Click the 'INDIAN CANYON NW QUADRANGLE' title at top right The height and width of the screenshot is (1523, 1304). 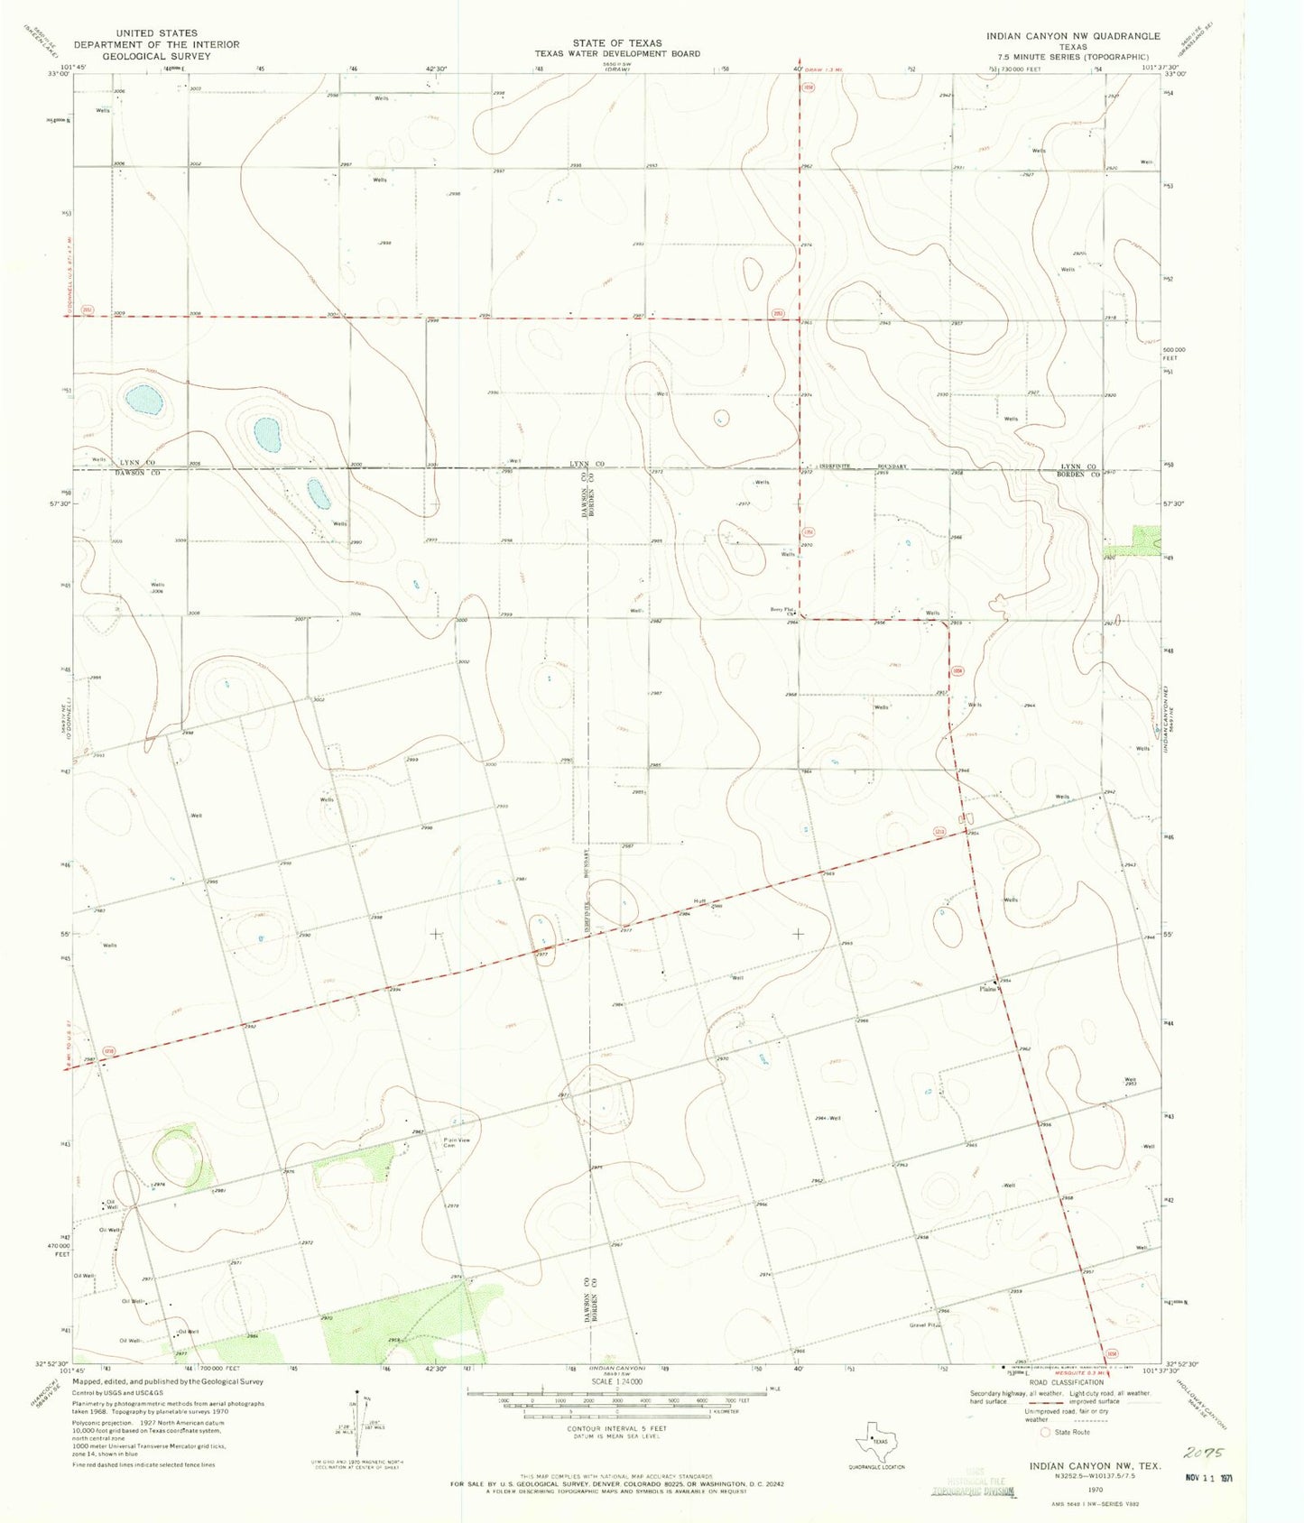pyautogui.click(x=1073, y=37)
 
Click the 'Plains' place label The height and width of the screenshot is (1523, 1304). pyautogui.click(x=988, y=989)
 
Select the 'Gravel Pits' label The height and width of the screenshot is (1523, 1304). pyautogui.click(x=926, y=1325)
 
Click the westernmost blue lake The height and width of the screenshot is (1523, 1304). pyautogui.click(x=144, y=400)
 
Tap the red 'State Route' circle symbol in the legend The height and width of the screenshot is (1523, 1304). pyautogui.click(x=1046, y=1432)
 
